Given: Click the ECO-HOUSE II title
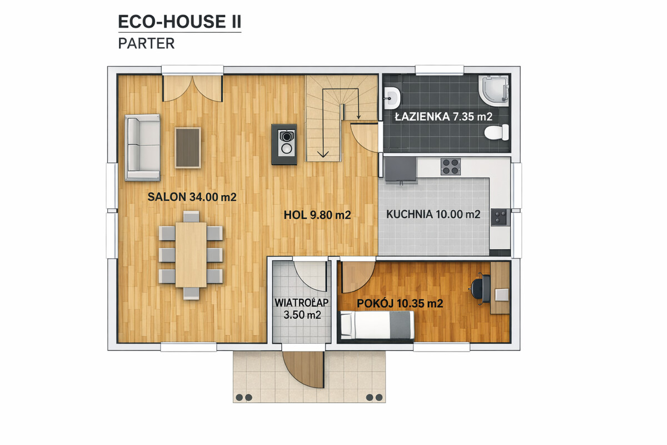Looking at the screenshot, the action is click(x=180, y=22).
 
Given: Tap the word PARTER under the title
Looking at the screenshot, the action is click(x=146, y=43).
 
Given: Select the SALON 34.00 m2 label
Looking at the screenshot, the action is click(x=192, y=197).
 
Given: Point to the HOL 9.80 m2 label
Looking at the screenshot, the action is click(x=317, y=215).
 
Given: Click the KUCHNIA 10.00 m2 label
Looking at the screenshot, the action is click(x=433, y=214).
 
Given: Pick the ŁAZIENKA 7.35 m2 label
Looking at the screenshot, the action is click(x=444, y=116).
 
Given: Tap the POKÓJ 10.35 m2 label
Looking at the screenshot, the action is click(x=400, y=303).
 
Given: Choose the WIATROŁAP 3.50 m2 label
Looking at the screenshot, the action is click(x=302, y=309).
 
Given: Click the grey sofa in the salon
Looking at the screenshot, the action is click(x=143, y=147).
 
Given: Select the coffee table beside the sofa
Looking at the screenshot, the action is click(x=188, y=148).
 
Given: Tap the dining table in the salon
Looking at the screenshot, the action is click(x=191, y=255).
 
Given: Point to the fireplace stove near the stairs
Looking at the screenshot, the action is click(x=285, y=144).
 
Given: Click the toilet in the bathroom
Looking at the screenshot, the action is click(x=497, y=132).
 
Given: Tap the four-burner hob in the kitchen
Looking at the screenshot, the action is click(x=451, y=167).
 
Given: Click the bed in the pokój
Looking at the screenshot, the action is click(x=377, y=325).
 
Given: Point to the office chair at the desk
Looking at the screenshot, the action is click(x=480, y=289).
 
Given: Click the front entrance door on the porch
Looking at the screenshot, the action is click(x=303, y=369).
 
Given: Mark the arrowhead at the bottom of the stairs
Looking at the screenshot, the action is click(x=323, y=154).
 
